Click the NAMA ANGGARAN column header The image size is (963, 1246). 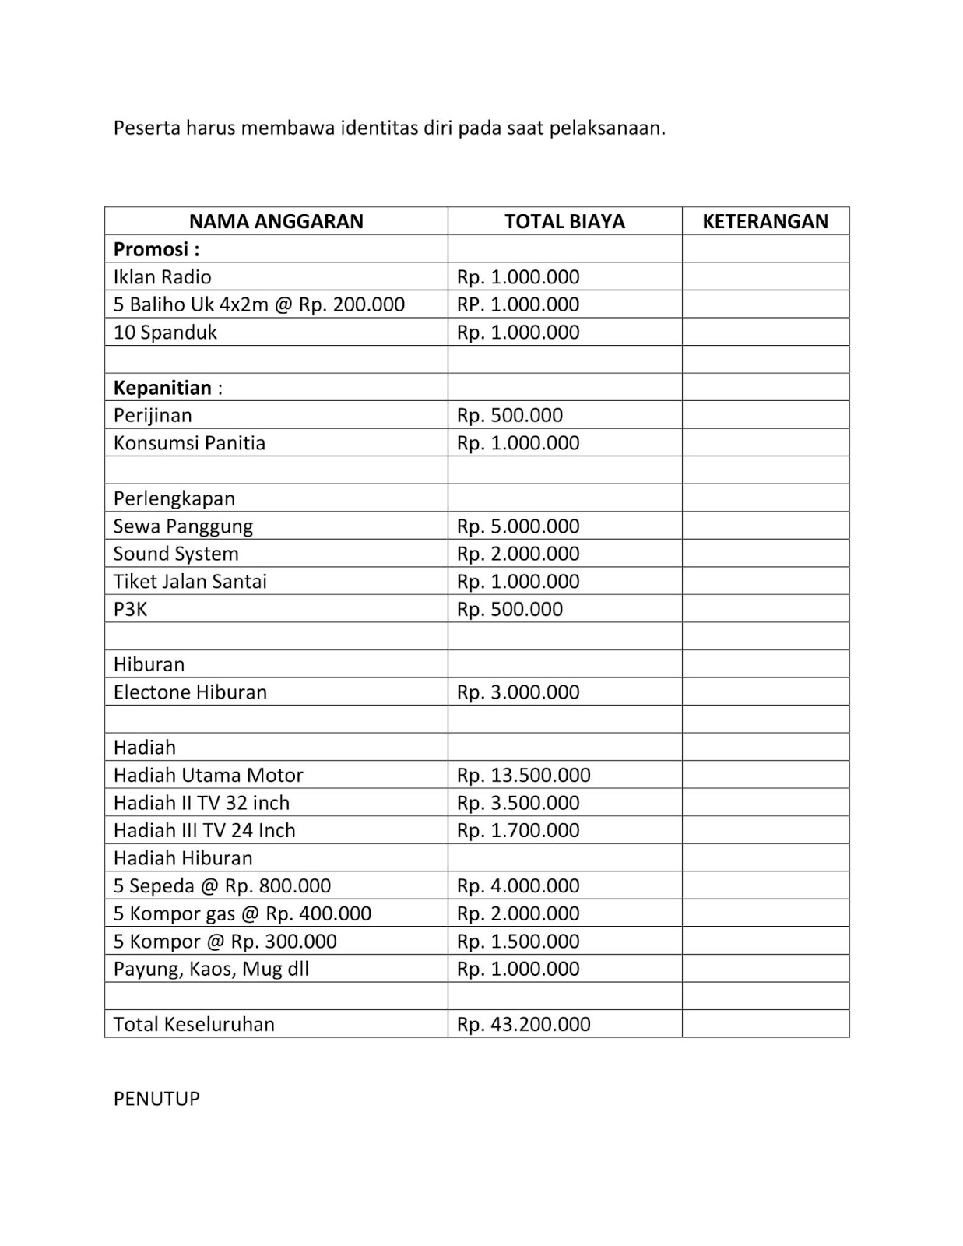point(276,221)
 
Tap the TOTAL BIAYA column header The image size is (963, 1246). point(564,221)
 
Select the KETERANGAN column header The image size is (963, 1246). point(765,221)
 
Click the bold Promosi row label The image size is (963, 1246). point(156,249)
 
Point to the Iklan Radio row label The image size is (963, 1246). point(162,277)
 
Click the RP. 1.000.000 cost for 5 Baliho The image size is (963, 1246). point(518,304)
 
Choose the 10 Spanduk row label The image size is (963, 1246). point(165,333)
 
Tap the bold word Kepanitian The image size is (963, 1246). point(163,388)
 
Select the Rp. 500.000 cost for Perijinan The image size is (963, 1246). point(509,415)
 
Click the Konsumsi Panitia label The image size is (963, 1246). point(189,443)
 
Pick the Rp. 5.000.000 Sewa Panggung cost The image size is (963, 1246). point(518,526)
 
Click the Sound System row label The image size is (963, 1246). point(176,554)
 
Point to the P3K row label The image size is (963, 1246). point(130,609)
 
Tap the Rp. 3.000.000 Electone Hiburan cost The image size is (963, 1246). point(518,692)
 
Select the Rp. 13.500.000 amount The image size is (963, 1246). point(523,775)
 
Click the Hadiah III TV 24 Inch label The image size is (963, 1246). point(204,830)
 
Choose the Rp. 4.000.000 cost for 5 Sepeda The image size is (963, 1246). point(518,886)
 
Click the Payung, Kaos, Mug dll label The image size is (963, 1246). point(211,969)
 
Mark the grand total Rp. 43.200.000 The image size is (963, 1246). point(523,1024)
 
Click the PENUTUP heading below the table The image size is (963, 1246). point(156,1099)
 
